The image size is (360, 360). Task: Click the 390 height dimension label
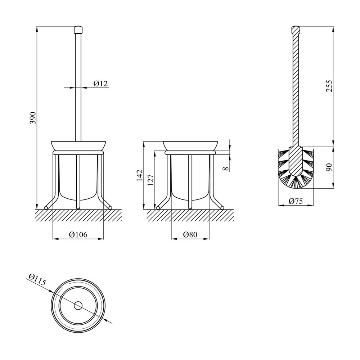click(33, 118)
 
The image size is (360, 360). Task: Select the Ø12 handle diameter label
click(100, 84)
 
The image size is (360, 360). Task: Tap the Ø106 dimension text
click(78, 235)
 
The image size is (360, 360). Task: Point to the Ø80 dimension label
click(190, 235)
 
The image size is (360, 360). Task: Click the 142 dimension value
click(140, 175)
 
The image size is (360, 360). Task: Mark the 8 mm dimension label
click(226, 168)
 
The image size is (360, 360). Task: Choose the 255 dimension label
click(329, 86)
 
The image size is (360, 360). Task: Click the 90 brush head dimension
click(329, 167)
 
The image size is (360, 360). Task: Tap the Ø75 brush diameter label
click(296, 201)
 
